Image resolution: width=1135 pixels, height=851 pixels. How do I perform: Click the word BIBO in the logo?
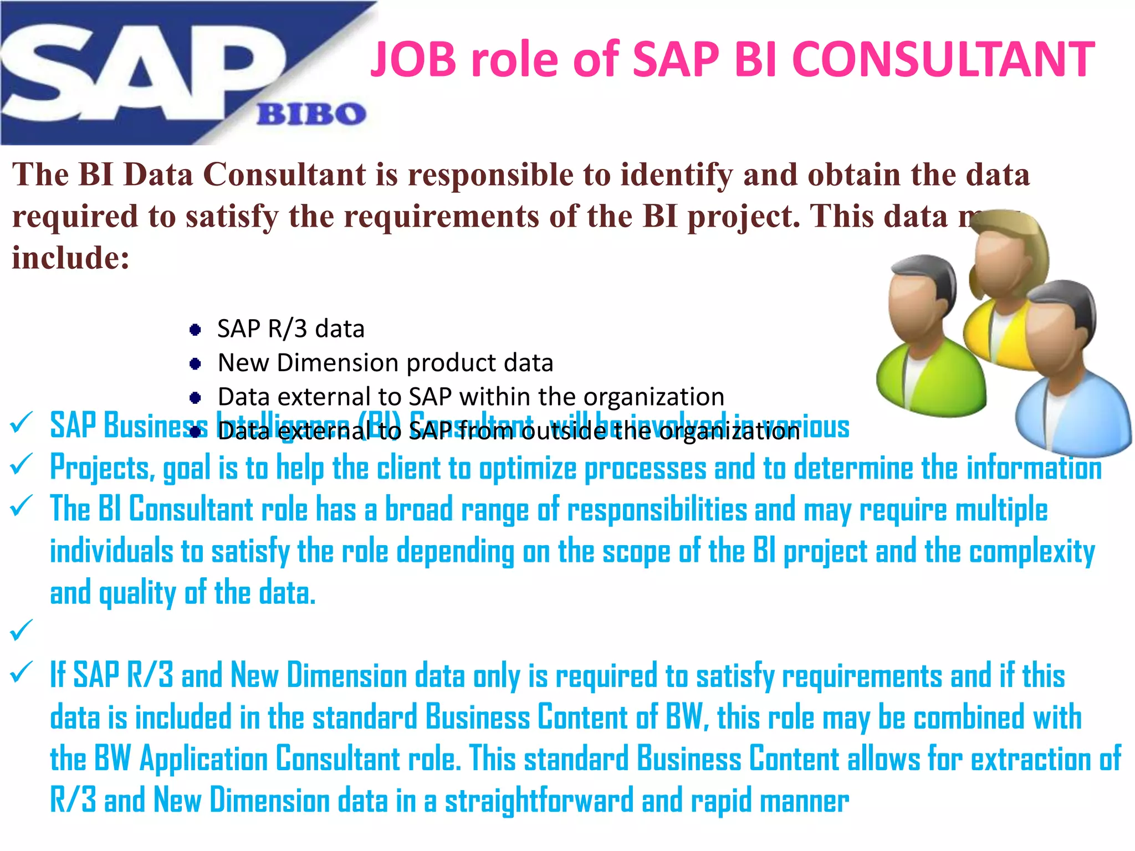(x=311, y=114)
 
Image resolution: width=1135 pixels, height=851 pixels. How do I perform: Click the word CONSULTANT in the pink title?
(x=943, y=59)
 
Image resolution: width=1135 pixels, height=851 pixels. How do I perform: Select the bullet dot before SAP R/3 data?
(x=195, y=330)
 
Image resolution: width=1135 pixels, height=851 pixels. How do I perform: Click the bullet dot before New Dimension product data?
(x=195, y=364)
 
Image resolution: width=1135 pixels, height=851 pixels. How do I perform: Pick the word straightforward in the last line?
(x=539, y=801)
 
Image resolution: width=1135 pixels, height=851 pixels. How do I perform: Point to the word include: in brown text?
(x=71, y=258)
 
